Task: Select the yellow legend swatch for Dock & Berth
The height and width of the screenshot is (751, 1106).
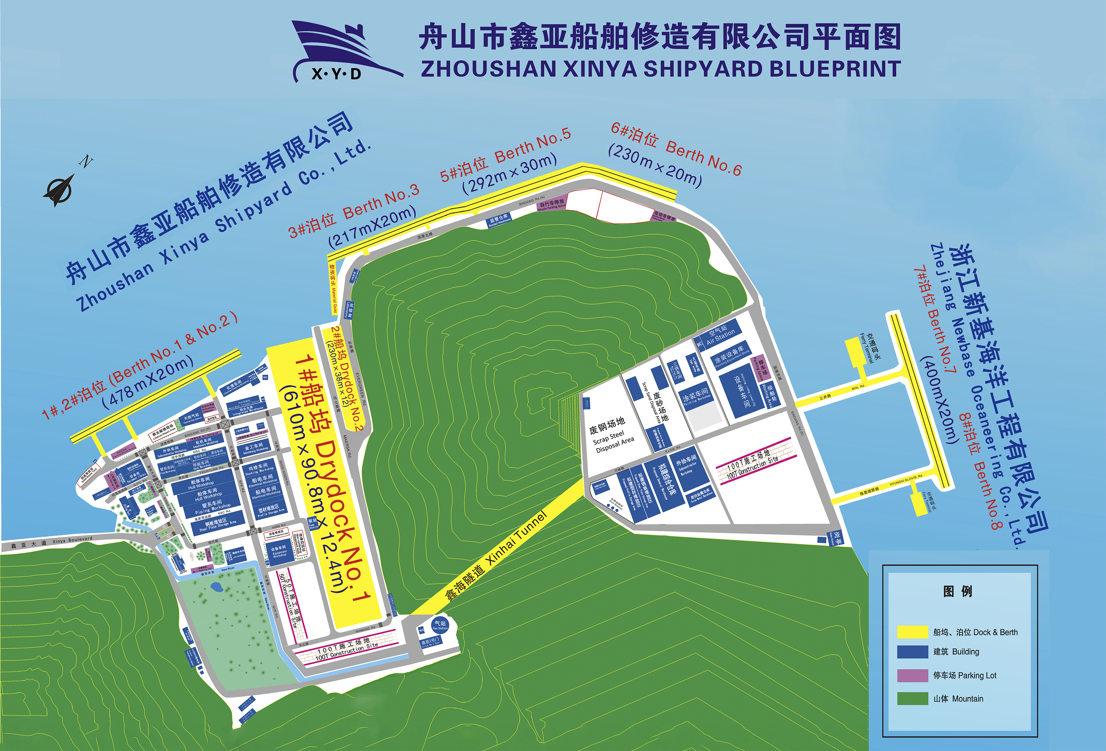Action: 912,631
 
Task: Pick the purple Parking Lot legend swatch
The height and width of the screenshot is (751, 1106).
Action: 912,675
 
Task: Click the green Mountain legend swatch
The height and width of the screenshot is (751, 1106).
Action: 912,698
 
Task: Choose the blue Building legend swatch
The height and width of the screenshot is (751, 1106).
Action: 912,652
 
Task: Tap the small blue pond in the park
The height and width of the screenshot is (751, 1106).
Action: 217,587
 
